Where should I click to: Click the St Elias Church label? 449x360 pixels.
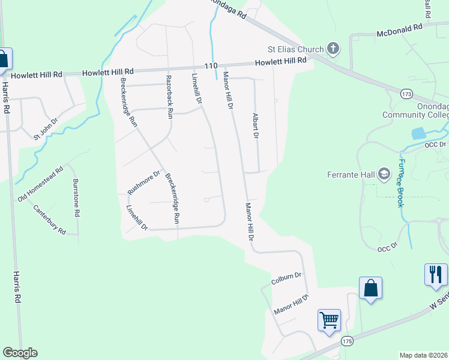pos(295,49)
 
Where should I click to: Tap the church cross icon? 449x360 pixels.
pos(333,49)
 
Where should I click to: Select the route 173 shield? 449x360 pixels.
pos(408,94)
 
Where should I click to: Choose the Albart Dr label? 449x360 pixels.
pos(255,126)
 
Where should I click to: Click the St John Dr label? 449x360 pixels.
pos(45,129)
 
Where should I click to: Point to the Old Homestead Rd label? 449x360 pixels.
pos(40,184)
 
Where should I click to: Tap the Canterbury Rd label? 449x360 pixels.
pos(49,220)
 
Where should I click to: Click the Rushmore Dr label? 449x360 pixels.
pos(144,183)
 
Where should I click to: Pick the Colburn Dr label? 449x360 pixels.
pos(285,278)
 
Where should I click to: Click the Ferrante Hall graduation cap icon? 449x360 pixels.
pos(384,175)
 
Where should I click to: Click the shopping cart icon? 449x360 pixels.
pos(329,320)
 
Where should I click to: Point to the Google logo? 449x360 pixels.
pos(20,353)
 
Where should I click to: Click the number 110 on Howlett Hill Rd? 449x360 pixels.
pos(210,65)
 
